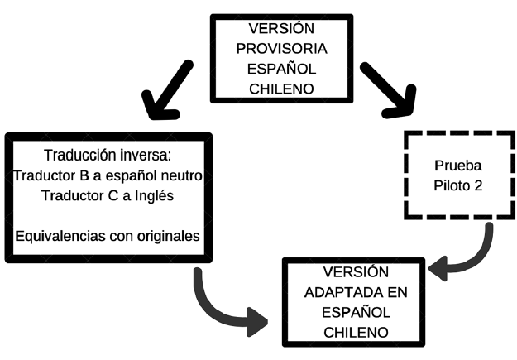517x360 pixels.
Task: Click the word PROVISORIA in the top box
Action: [281, 47]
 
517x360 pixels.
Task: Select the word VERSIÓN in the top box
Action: [281, 27]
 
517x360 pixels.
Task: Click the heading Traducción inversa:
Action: [107, 156]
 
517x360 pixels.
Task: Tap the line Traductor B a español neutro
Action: [108, 175]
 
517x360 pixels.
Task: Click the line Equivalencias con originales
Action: [108, 234]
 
